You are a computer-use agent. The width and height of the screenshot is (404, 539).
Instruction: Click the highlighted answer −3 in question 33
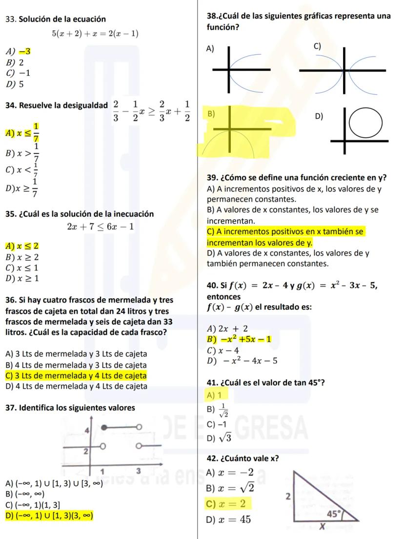pos(25,51)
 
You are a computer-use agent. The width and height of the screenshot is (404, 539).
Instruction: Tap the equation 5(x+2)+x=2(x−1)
pos(95,34)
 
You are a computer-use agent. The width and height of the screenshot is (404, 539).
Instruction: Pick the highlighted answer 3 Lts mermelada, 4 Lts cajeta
pos(76,375)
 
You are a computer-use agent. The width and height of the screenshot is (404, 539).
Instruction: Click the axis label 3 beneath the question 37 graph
pos(138,471)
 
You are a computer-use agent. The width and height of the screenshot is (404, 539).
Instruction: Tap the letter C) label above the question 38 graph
pos(317,46)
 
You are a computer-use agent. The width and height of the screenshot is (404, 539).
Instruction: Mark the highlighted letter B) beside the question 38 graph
pos(211,114)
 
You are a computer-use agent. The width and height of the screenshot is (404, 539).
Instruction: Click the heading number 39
pos(212,177)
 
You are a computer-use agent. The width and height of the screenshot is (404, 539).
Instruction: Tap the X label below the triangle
pos(322,527)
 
